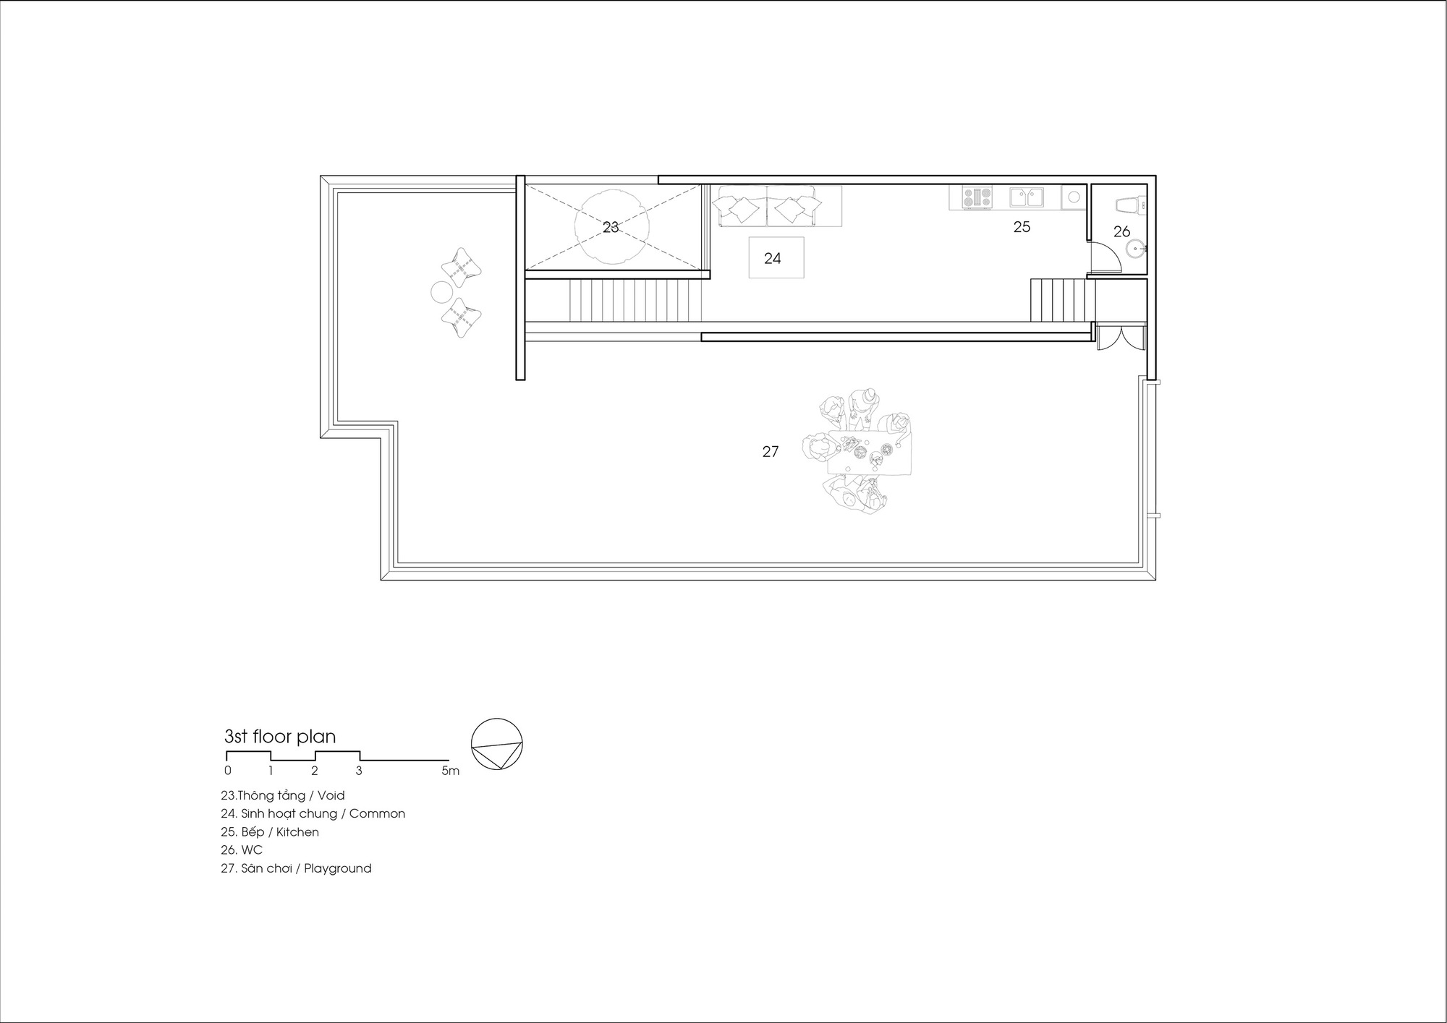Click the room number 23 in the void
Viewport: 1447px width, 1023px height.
(x=611, y=227)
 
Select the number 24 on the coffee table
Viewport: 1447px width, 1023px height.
(x=772, y=258)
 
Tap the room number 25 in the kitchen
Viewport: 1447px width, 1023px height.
(x=1021, y=227)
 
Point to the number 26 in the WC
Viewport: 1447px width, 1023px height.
(x=1121, y=231)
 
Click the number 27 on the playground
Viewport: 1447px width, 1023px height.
(x=771, y=452)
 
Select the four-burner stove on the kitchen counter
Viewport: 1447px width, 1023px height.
(x=977, y=197)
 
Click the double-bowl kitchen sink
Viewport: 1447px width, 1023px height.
(x=1027, y=197)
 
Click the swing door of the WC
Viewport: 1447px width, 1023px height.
(x=1105, y=257)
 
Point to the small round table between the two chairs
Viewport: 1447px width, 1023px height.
(x=441, y=292)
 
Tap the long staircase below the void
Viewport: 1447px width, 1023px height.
(x=635, y=301)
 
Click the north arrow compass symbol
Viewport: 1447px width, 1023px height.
(x=496, y=744)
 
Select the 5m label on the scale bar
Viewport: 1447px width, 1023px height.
(x=450, y=771)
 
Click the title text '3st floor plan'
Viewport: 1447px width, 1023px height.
(x=280, y=737)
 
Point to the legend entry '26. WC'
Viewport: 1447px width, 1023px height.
(x=242, y=850)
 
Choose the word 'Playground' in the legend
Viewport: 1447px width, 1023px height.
(x=337, y=868)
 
